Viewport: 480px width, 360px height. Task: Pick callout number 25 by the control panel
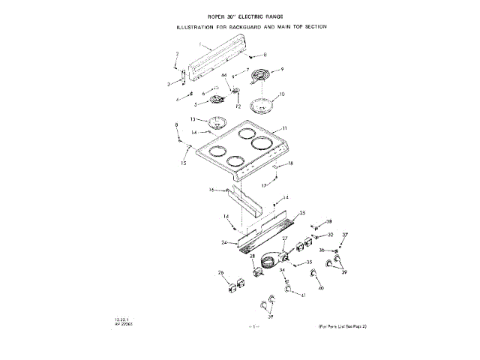click(x=303, y=213)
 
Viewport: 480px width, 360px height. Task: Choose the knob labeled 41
click(x=289, y=287)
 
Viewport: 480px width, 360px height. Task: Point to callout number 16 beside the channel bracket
click(x=211, y=190)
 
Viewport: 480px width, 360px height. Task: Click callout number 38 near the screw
click(x=328, y=222)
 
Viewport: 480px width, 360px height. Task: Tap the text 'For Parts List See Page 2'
click(x=339, y=327)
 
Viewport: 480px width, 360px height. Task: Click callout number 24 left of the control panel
click(x=225, y=242)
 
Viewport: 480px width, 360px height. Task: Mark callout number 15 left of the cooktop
click(x=184, y=162)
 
